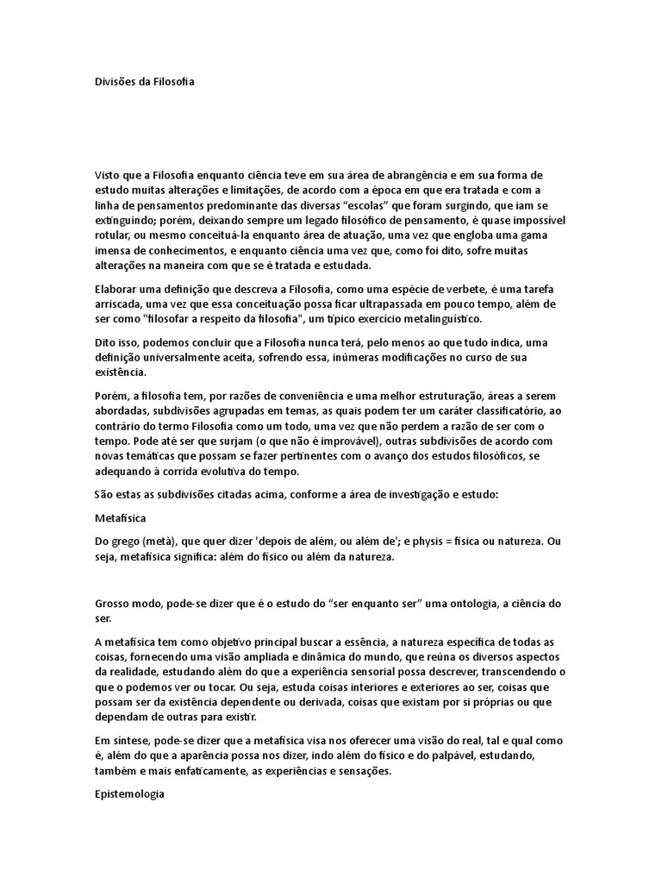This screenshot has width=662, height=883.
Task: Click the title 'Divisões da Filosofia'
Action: point(145,82)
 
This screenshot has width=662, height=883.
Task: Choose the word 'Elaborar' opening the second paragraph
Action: point(117,289)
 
